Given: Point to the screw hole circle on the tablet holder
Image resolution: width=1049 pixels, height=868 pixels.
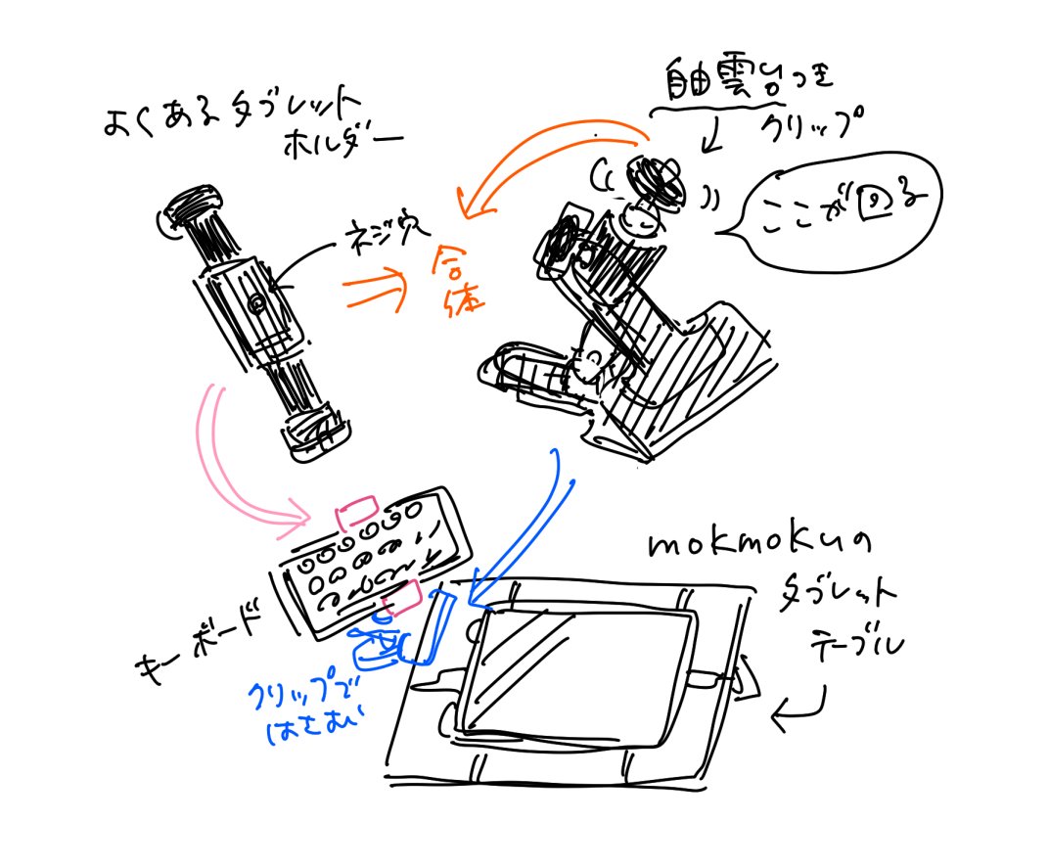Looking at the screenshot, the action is coord(256,305).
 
